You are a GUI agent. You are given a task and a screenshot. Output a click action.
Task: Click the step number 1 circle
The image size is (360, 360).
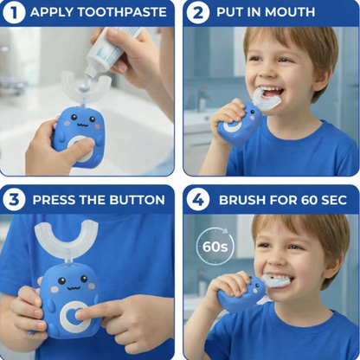[14, 13]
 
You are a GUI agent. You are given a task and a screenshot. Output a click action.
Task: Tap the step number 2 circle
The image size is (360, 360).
[197, 13]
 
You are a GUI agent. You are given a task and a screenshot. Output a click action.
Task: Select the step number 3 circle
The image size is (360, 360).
[14, 199]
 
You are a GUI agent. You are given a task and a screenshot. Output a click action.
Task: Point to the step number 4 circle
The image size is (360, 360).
[197, 199]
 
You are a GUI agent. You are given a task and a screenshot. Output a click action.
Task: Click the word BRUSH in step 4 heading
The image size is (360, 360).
[241, 199]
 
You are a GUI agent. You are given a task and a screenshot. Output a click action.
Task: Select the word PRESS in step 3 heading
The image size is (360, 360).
[57, 199]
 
